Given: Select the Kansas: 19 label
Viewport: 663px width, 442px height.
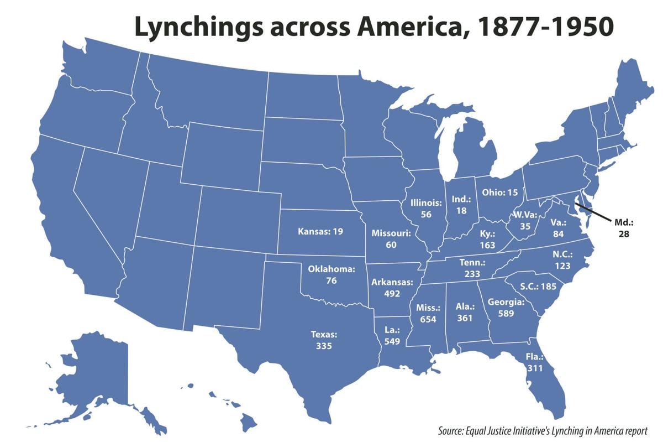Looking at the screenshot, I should click(320, 231).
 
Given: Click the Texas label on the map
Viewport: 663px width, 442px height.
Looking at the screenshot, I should click(324, 335).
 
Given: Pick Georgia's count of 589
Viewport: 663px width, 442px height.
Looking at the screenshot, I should click(506, 313).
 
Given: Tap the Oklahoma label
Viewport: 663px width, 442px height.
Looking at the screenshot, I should click(331, 269).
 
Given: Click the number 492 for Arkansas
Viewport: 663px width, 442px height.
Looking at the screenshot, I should click(392, 293).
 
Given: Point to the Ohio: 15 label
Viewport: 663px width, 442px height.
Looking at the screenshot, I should click(500, 193).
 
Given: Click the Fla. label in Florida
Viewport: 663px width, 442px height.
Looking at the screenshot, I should click(535, 356).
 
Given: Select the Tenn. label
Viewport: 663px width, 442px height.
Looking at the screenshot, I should click(472, 262).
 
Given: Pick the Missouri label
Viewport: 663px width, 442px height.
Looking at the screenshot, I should click(391, 233).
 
